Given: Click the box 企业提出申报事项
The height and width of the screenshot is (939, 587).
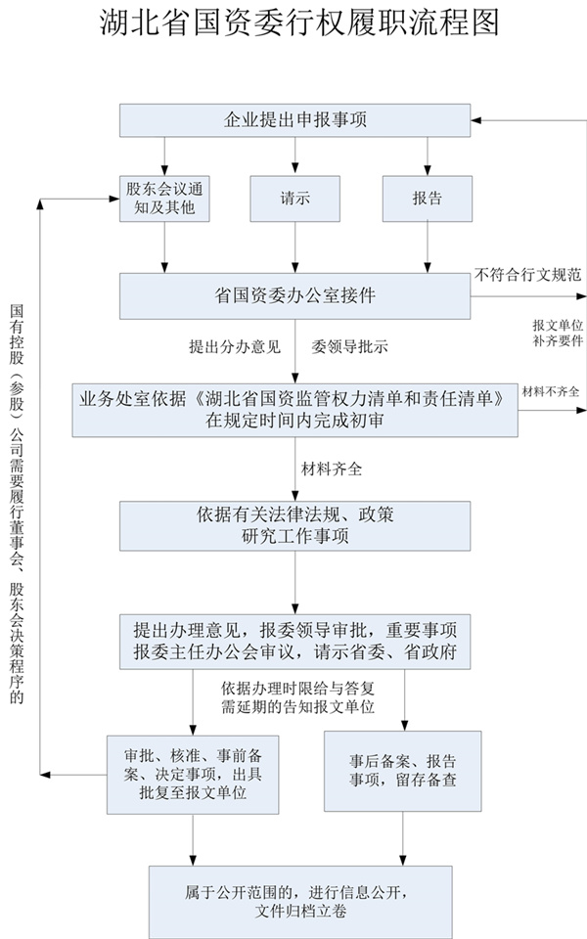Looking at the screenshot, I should [x=295, y=120].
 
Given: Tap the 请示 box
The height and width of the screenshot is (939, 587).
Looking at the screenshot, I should [x=294, y=198].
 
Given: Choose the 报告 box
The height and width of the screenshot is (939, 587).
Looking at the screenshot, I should [x=427, y=198].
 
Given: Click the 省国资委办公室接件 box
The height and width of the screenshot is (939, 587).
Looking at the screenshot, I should [x=295, y=294].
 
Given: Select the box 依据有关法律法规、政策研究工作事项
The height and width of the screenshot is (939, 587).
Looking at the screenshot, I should [x=295, y=525].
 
